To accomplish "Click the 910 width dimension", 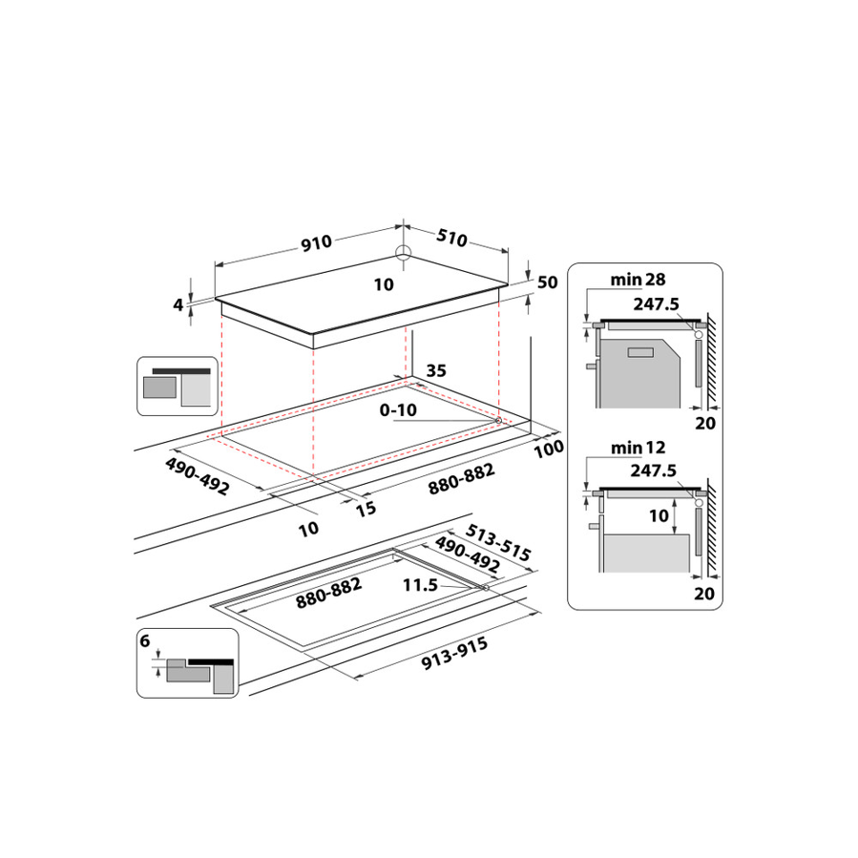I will click(x=316, y=242).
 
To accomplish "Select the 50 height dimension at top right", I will click(x=547, y=283).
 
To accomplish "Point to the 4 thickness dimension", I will click(x=178, y=304).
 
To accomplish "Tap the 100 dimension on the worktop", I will click(x=551, y=448).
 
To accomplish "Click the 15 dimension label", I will click(x=366, y=509).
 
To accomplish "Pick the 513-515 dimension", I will click(x=497, y=543).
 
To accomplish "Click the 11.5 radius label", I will click(x=419, y=585).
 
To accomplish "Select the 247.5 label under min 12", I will click(x=654, y=471).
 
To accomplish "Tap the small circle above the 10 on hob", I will click(x=404, y=253).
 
